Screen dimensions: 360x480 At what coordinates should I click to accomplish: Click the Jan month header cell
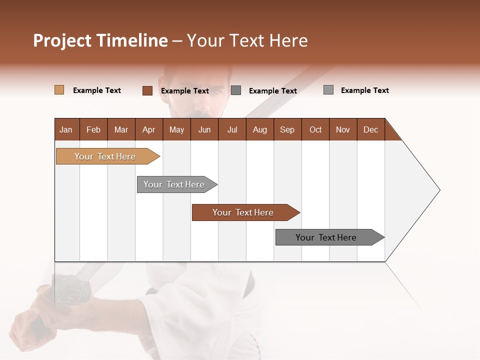(66, 129)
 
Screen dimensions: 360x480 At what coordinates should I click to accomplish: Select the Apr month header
(149, 129)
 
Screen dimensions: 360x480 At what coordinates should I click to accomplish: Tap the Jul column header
(232, 129)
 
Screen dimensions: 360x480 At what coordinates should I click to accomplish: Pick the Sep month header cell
(287, 129)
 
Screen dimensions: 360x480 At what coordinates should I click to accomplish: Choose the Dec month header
(370, 129)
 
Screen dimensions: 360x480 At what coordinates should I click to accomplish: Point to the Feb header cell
(93, 129)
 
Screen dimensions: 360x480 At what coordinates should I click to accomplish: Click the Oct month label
(315, 129)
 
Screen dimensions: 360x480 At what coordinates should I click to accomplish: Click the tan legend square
(59, 90)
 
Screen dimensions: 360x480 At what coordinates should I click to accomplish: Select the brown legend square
(147, 90)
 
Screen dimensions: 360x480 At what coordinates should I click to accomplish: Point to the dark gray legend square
(236, 90)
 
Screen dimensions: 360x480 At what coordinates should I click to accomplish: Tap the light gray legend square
(328, 90)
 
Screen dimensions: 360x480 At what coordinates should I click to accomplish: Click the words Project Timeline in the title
(100, 40)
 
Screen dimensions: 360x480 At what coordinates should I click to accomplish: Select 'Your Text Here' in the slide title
(247, 40)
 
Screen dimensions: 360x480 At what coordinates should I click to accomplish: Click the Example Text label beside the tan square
(97, 90)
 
